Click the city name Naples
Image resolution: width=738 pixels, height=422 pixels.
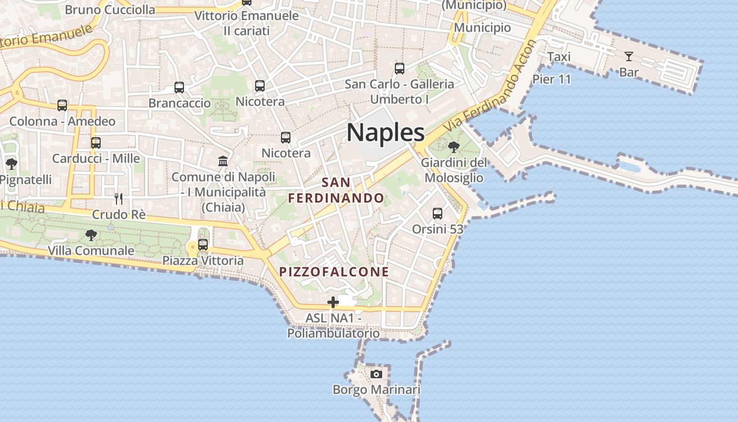tap(385, 132)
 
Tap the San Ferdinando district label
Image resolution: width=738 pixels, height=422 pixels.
tap(336, 190)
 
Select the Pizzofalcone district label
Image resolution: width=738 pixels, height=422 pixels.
tap(334, 272)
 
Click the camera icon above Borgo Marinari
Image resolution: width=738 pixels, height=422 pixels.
tap(376, 374)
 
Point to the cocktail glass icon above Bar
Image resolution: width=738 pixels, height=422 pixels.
tap(629, 56)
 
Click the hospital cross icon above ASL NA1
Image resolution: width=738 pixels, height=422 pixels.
tap(333, 302)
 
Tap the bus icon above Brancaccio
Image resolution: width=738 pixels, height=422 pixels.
tap(179, 88)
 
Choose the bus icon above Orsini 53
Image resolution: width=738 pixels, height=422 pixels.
tap(438, 214)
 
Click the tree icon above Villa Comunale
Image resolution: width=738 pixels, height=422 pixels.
tap(91, 235)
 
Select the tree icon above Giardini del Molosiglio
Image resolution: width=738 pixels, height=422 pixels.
tap(453, 147)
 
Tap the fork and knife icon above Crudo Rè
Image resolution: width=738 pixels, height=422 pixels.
tap(119, 199)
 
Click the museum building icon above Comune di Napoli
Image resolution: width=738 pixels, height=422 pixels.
tap(223, 161)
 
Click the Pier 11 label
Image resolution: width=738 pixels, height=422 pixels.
tap(551, 80)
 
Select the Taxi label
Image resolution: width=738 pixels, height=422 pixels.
tap(559, 57)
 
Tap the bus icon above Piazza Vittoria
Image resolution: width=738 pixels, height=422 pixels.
tap(203, 245)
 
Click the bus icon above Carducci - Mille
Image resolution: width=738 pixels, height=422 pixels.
tap(96, 143)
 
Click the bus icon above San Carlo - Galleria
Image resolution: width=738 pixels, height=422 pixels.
tap(400, 69)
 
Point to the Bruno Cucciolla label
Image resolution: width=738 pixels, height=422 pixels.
tap(110, 9)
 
